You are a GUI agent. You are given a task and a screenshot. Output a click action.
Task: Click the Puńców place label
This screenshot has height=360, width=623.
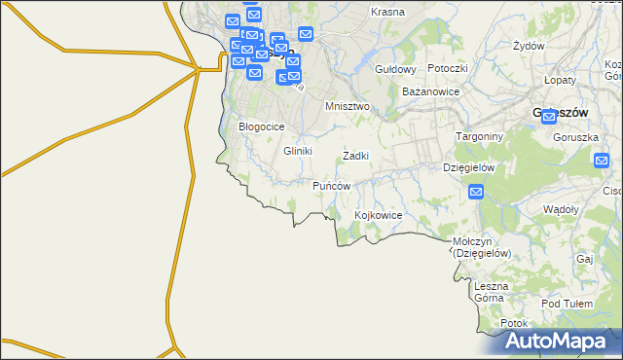[331, 185]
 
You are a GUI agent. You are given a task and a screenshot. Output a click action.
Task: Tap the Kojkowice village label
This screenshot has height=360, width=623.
[380, 214]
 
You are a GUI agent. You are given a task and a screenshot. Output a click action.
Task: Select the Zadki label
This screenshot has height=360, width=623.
[355, 156]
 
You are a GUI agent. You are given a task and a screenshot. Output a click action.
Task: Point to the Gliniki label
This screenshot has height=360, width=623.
[297, 151]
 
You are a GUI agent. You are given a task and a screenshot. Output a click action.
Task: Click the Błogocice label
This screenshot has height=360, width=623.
[261, 126]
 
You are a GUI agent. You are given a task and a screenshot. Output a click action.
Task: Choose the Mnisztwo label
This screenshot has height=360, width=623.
[348, 106]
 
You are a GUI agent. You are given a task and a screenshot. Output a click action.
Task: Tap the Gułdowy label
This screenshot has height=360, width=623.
[396, 70]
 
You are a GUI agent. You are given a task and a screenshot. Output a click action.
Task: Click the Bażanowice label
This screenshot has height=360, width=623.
[430, 90]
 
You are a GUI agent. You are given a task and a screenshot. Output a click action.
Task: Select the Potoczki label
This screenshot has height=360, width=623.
[448, 68]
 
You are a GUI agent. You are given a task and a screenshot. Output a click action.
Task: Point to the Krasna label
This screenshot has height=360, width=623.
[388, 12]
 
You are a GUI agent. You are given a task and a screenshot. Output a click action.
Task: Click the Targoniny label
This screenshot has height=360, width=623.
[480, 137]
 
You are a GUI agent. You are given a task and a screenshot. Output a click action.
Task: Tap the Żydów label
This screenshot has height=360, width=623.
[528, 46]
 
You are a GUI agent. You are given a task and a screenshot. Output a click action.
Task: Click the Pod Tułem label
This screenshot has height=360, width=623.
[567, 304]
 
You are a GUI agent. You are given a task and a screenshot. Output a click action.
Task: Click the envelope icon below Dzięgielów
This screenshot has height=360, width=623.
[476, 192]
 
